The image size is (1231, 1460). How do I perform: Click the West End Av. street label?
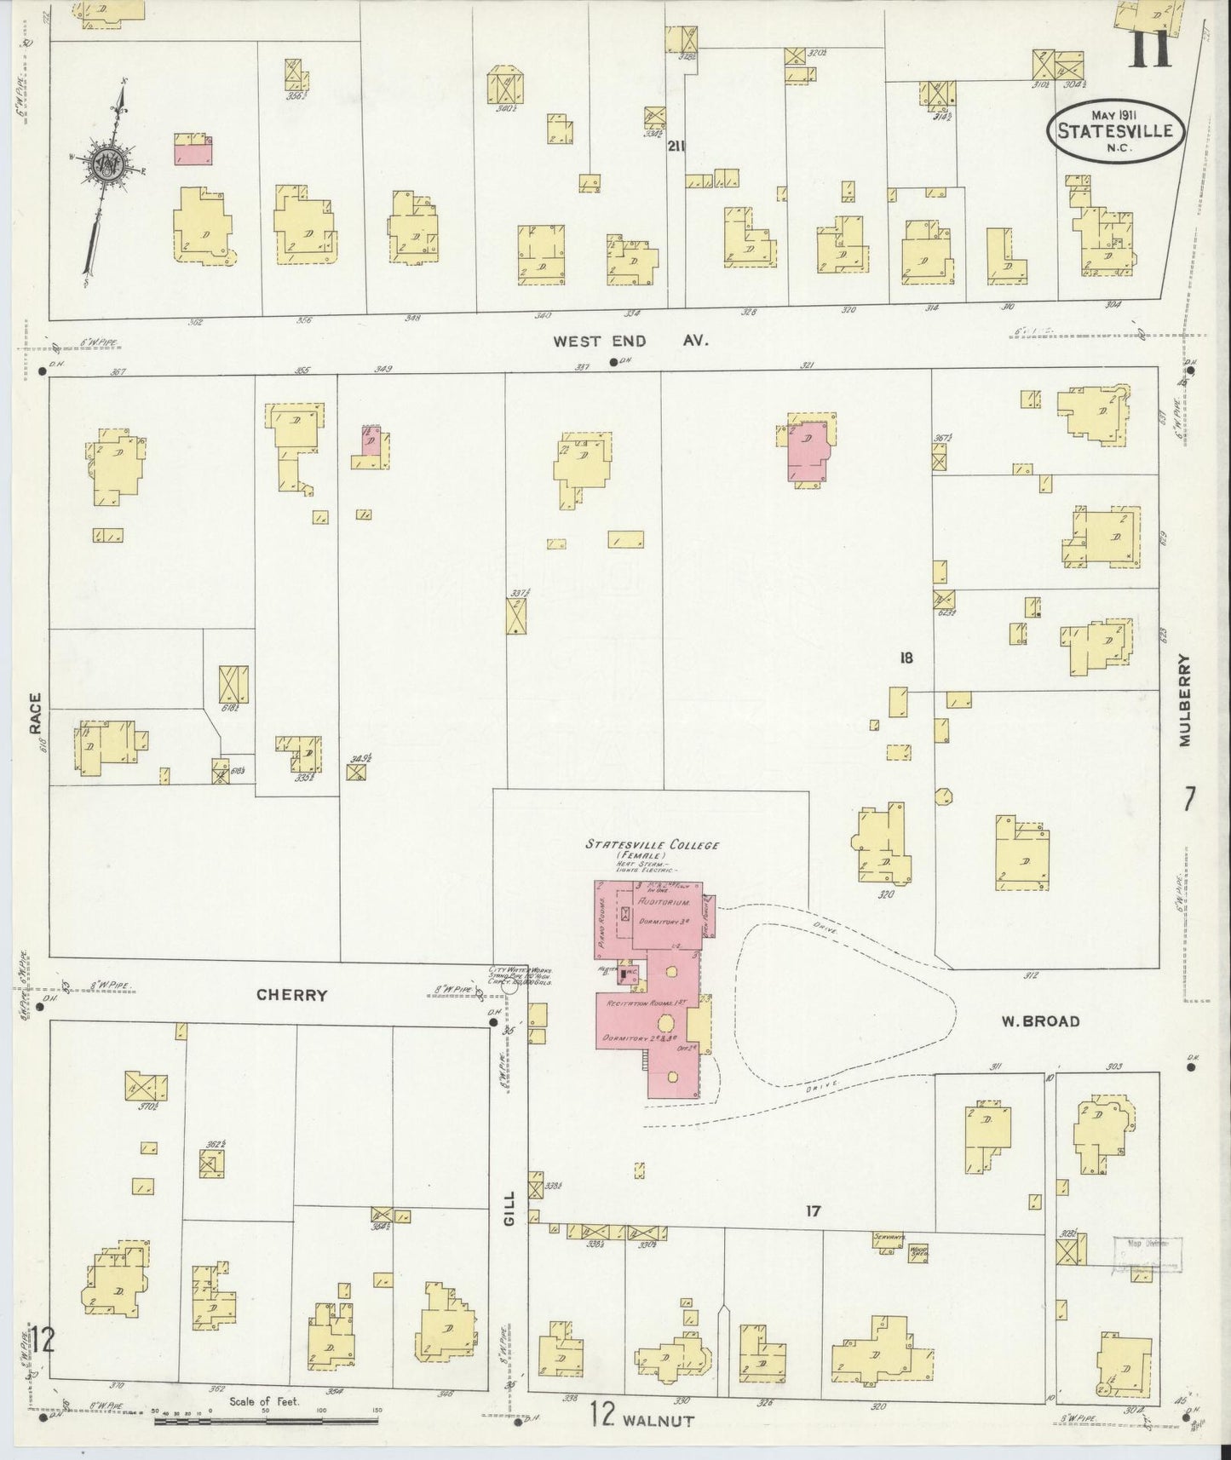click(630, 341)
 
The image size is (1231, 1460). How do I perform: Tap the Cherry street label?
click(292, 995)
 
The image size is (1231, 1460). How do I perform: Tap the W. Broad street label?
click(1039, 1020)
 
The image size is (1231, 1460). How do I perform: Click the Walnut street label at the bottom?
click(659, 1420)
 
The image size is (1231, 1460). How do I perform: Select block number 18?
click(906, 657)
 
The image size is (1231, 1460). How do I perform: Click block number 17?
click(813, 1211)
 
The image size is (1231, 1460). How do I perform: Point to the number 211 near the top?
click(676, 146)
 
